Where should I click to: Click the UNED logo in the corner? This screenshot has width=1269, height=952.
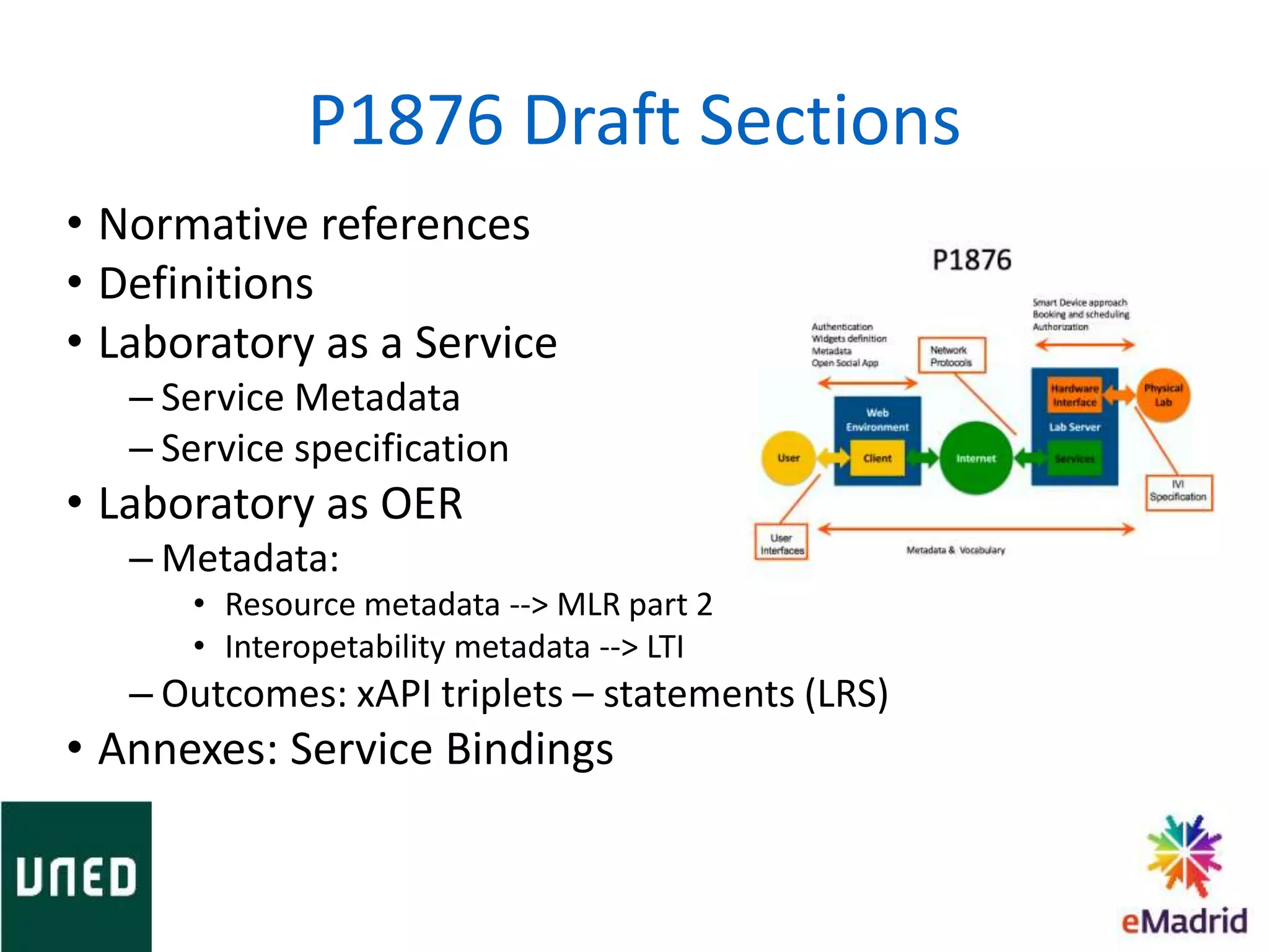pos(76,876)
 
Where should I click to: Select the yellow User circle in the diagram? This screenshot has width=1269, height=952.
pos(788,458)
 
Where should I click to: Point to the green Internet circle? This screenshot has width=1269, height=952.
pos(975,459)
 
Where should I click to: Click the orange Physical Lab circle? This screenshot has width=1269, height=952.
pos(1163,395)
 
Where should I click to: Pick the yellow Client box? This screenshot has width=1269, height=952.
pos(877,459)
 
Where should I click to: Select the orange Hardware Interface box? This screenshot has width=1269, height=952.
pos(1074,395)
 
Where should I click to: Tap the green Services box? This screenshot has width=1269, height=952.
pos(1074,459)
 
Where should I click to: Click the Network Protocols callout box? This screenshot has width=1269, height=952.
pos(951,356)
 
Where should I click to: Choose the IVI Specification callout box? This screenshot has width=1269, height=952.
pos(1178,491)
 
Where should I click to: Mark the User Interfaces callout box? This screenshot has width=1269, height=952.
pos(781,544)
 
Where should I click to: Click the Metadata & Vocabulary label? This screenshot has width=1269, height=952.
pos(955,550)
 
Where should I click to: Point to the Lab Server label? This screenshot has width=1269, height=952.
pos(1074,427)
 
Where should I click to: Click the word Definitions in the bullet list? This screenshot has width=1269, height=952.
pos(206,284)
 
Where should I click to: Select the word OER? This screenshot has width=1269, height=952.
pos(421,504)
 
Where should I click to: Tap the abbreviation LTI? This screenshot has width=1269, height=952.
pos(665,647)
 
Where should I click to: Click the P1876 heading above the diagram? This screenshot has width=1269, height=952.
pos(972,260)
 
